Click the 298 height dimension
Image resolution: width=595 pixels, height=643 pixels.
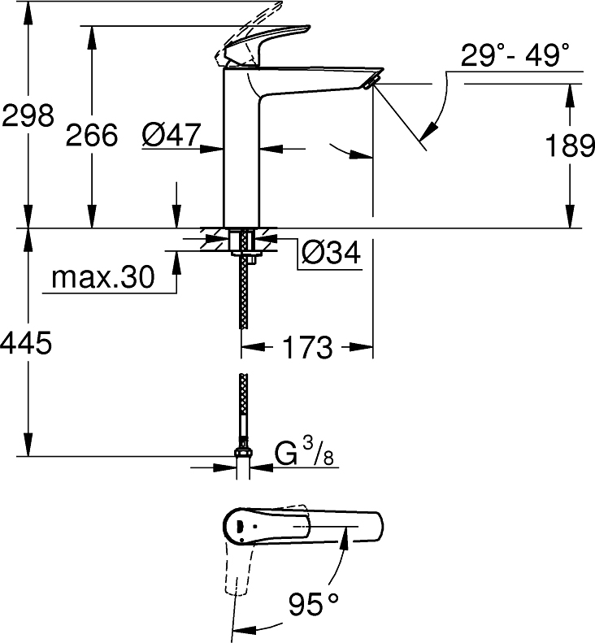[28, 115]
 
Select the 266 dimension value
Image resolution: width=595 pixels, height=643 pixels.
[91, 135]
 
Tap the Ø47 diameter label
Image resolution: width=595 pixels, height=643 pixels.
[170, 135]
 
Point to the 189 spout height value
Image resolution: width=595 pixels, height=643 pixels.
[568, 147]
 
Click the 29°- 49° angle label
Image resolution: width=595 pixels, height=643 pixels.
[515, 57]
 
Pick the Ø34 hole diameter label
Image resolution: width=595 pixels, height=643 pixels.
[330, 254]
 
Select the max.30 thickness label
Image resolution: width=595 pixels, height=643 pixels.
[102, 279]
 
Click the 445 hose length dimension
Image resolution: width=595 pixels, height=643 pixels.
[27, 344]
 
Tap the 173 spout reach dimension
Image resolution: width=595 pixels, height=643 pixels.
[308, 348]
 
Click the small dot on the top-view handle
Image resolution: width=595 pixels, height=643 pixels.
[241, 534]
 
